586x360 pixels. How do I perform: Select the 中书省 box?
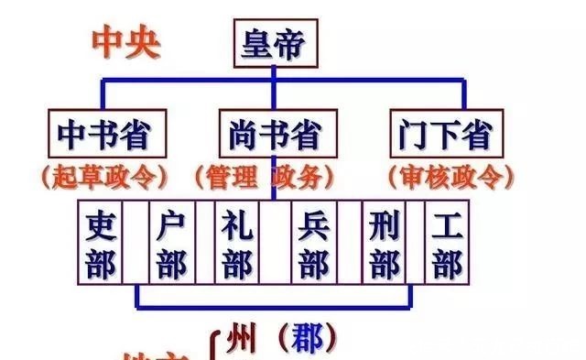click(x=102, y=135)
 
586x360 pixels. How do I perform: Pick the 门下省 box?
click(x=446, y=135)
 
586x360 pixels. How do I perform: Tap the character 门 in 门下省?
click(x=414, y=135)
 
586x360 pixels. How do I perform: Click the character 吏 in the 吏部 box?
click(x=100, y=224)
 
